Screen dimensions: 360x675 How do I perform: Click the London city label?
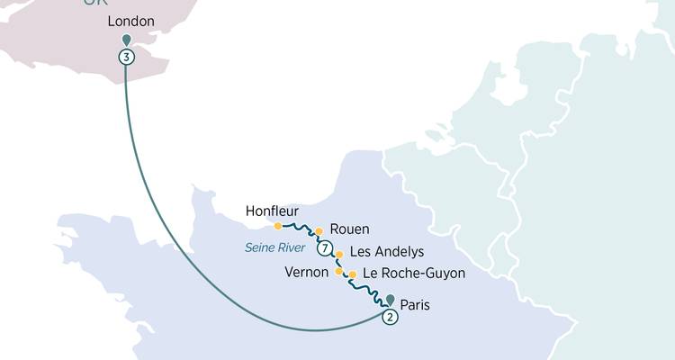click(x=130, y=21)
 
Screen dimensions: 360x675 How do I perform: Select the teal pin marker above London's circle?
click(x=126, y=40)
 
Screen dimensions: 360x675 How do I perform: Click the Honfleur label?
click(x=272, y=211)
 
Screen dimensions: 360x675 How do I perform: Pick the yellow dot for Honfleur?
click(x=277, y=226)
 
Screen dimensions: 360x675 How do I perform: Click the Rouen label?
click(x=349, y=229)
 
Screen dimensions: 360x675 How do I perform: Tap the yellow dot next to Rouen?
click(x=319, y=231)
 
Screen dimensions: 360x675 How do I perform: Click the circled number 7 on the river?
click(x=325, y=249)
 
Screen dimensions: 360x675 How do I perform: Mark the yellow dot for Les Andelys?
click(x=338, y=255)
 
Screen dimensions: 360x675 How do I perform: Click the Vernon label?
click(x=305, y=271)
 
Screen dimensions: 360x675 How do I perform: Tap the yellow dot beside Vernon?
click(x=338, y=271)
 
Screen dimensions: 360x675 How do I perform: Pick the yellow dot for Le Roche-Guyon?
click(x=352, y=274)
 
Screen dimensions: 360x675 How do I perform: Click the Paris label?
click(x=415, y=305)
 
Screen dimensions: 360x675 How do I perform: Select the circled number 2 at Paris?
click(x=390, y=317)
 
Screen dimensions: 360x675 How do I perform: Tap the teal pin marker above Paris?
click(x=390, y=300)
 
